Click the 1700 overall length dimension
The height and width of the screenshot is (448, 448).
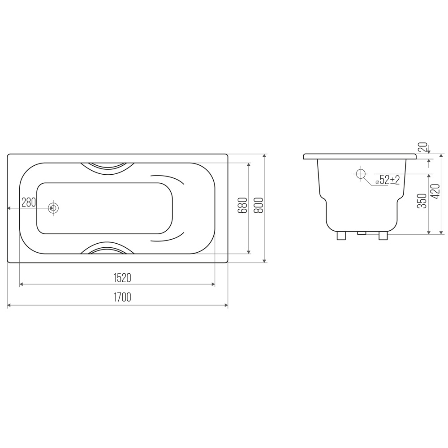[x=122, y=297]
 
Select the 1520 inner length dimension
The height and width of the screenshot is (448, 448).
[x=122, y=278]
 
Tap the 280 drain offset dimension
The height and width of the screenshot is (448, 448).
[x=29, y=202]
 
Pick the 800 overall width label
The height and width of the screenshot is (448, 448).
[x=258, y=206]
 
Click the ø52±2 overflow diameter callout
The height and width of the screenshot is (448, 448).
[x=388, y=180]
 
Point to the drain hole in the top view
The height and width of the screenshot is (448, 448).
[x=53, y=208]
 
